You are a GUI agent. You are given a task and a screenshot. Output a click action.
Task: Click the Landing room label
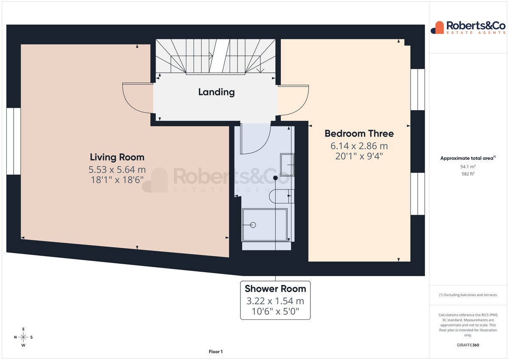point(216,92)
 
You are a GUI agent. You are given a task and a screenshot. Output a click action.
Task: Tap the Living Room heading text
point(117,157)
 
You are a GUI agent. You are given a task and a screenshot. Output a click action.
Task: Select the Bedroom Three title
point(359,134)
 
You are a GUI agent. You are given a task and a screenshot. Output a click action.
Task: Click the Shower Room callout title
point(275,289)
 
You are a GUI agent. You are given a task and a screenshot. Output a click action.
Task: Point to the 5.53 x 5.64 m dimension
point(117,170)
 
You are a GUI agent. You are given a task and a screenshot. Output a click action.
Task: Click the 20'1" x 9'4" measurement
point(359,156)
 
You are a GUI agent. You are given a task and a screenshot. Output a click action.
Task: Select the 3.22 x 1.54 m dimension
point(275,301)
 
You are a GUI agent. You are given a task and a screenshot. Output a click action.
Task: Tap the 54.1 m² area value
point(468,167)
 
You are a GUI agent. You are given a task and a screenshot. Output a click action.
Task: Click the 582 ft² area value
point(468,174)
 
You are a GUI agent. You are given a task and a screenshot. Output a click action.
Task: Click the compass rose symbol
point(23,337)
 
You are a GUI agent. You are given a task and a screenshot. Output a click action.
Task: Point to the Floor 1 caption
point(215,352)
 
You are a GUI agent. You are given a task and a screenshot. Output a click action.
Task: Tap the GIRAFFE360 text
point(468,345)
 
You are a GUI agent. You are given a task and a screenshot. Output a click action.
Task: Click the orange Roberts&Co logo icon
point(437,28)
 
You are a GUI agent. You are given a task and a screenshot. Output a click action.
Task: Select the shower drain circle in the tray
point(253,225)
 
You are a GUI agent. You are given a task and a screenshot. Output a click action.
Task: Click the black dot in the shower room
point(275,178)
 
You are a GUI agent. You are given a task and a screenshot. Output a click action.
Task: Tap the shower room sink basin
point(287,165)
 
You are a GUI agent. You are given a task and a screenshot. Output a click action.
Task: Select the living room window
point(14,141)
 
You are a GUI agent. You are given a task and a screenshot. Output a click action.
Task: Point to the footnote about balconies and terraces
point(468,295)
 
